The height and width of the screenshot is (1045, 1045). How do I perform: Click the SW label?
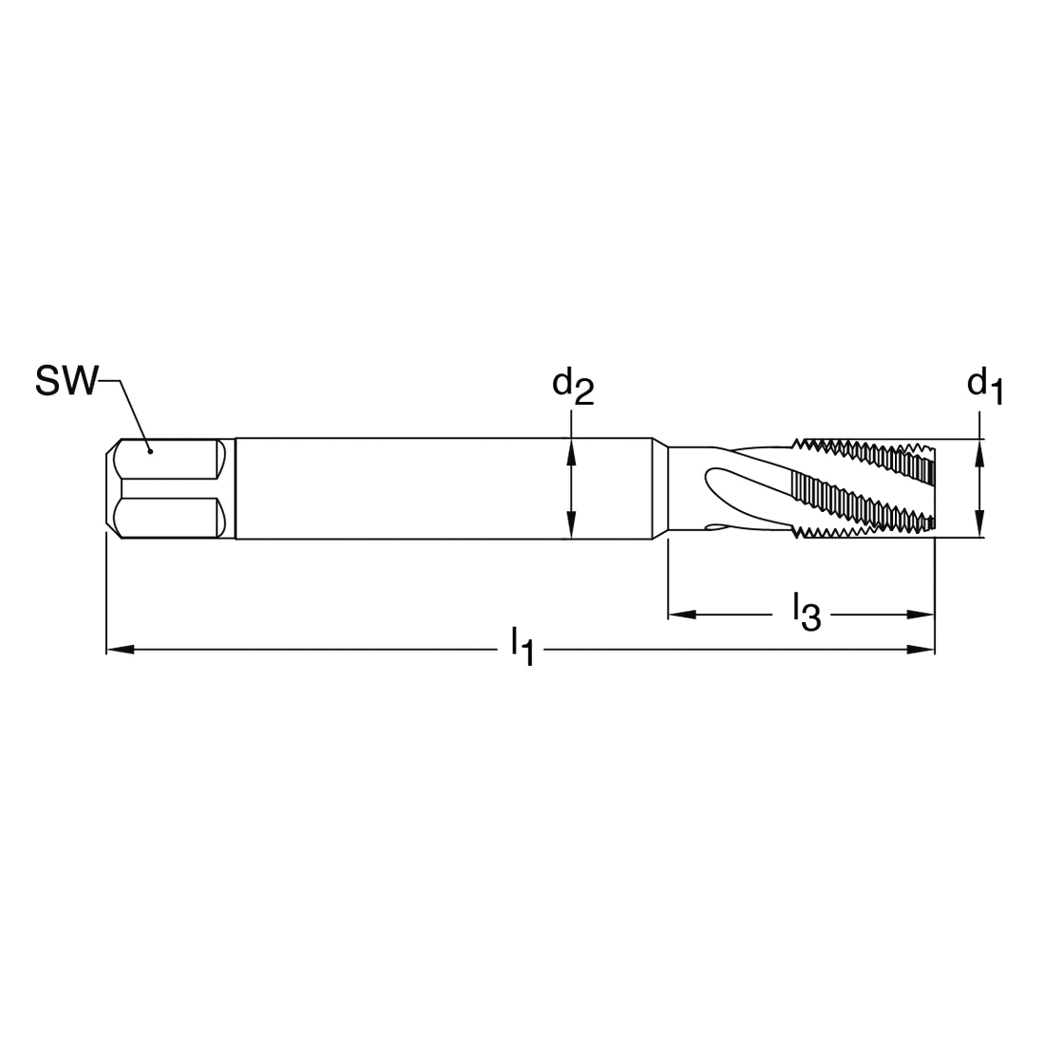[66, 381]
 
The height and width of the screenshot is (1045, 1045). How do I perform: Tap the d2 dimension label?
[573, 387]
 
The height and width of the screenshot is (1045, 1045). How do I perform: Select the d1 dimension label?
[985, 387]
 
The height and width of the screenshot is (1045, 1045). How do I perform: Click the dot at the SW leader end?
[151, 451]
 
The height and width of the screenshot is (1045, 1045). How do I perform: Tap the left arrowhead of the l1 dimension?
[120, 649]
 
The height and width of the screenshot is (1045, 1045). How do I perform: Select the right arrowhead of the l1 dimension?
[921, 649]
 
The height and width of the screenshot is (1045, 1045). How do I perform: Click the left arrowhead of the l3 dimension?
[682, 615]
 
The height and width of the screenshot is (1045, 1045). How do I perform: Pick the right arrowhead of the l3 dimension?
[921, 615]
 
